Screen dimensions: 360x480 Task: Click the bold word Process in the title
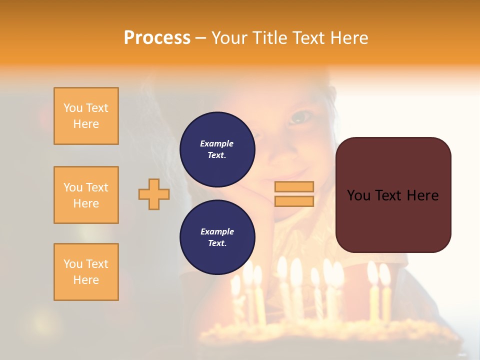[x=157, y=38]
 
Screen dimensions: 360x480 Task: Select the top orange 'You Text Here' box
[x=86, y=116]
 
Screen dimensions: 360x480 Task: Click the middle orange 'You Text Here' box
[x=86, y=195]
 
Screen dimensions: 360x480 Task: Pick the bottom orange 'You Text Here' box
[x=86, y=272]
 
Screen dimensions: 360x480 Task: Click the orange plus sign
[x=154, y=194]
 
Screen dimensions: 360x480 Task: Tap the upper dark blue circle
[x=217, y=149]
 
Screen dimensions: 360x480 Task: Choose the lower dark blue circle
[x=217, y=237]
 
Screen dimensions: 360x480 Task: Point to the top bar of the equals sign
[x=294, y=186]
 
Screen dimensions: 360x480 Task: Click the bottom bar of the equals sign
[x=294, y=201]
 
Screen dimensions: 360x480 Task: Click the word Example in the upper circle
[x=217, y=143]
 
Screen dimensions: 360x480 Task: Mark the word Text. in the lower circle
[x=217, y=243]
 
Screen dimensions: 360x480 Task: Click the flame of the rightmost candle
[x=384, y=273]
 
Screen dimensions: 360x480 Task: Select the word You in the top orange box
[x=72, y=108]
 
